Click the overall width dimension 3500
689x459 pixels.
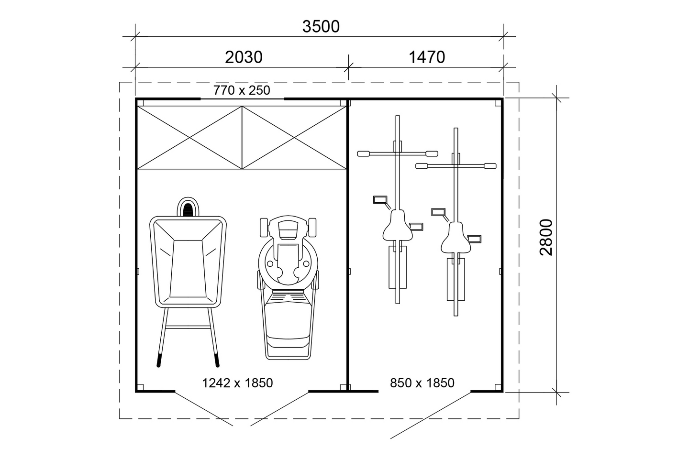(321, 26)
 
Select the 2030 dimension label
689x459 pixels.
(244, 57)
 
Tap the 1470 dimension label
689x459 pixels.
(426, 57)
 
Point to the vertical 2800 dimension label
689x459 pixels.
(546, 238)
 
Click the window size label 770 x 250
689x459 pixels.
(242, 90)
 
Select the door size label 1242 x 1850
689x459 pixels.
(237, 382)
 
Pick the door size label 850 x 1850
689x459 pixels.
(422, 382)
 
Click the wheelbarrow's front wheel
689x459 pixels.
(188, 208)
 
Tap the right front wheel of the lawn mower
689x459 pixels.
(313, 228)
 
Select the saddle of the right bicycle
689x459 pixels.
(456, 237)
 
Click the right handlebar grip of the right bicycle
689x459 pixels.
(490, 166)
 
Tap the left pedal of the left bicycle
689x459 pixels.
(381, 199)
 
